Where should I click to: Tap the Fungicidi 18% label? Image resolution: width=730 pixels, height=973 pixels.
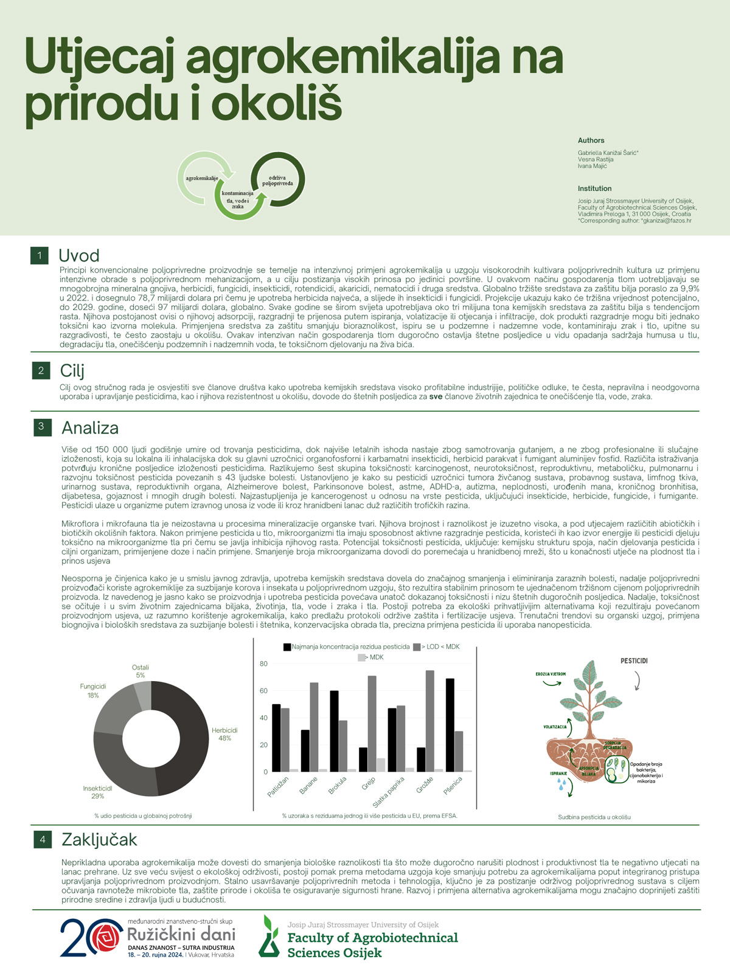(93, 690)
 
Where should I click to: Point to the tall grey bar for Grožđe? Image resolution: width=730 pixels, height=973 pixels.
(429, 721)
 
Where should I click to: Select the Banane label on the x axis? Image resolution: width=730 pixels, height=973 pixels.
(308, 786)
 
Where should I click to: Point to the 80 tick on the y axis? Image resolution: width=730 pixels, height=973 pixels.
(263, 663)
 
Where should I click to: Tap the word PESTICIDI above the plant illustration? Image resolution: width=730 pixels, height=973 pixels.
(634, 660)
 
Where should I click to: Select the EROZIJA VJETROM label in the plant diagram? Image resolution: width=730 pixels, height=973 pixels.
(551, 674)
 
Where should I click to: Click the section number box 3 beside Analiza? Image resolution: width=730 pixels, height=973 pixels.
(41, 427)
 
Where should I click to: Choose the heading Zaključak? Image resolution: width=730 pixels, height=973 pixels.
(99, 840)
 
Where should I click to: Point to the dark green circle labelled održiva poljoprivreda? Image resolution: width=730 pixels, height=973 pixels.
(278, 180)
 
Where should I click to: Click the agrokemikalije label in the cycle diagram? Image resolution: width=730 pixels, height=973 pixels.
(202, 178)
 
